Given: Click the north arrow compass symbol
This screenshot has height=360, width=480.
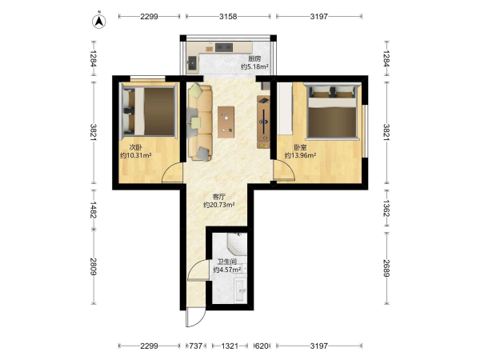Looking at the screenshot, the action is [x=99, y=21].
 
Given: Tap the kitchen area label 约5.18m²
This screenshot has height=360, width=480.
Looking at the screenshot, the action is [x=254, y=66].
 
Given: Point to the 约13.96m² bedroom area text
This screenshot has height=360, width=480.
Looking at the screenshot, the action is [x=300, y=155].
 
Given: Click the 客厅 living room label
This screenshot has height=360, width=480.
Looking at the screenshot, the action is [x=219, y=197].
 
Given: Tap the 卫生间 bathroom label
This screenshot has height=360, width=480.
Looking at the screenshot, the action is [x=227, y=262].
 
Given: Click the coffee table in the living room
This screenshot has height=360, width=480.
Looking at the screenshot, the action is [x=226, y=122].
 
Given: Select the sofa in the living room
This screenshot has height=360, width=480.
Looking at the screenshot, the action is [x=199, y=122].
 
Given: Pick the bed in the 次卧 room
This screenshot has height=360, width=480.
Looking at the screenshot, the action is [x=150, y=111].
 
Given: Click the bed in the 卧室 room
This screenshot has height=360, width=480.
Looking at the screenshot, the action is [x=333, y=111].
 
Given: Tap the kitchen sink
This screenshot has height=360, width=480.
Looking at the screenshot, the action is [x=192, y=63].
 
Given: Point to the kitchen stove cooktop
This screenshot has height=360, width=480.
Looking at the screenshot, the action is [x=224, y=47].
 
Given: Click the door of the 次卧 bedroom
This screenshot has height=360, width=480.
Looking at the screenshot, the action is [x=172, y=173].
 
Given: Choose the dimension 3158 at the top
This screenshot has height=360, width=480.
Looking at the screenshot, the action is [x=228, y=17].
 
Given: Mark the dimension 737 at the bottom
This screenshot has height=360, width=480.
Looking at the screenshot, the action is [x=196, y=346].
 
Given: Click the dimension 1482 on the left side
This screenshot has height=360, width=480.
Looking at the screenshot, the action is [x=93, y=210].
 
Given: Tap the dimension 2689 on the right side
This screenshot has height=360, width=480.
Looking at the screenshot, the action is [x=386, y=268].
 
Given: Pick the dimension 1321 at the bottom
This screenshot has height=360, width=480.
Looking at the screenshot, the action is [x=230, y=346].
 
